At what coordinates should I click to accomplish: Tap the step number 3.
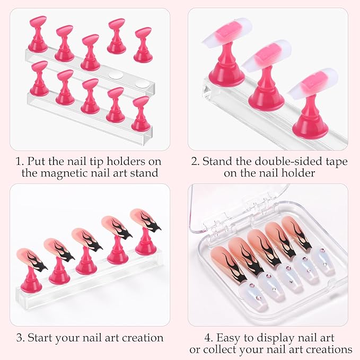[20, 338]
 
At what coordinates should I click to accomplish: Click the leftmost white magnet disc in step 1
[116, 75]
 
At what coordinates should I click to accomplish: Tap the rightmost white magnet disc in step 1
[142, 84]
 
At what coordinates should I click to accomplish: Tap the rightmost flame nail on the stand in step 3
[145, 219]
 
